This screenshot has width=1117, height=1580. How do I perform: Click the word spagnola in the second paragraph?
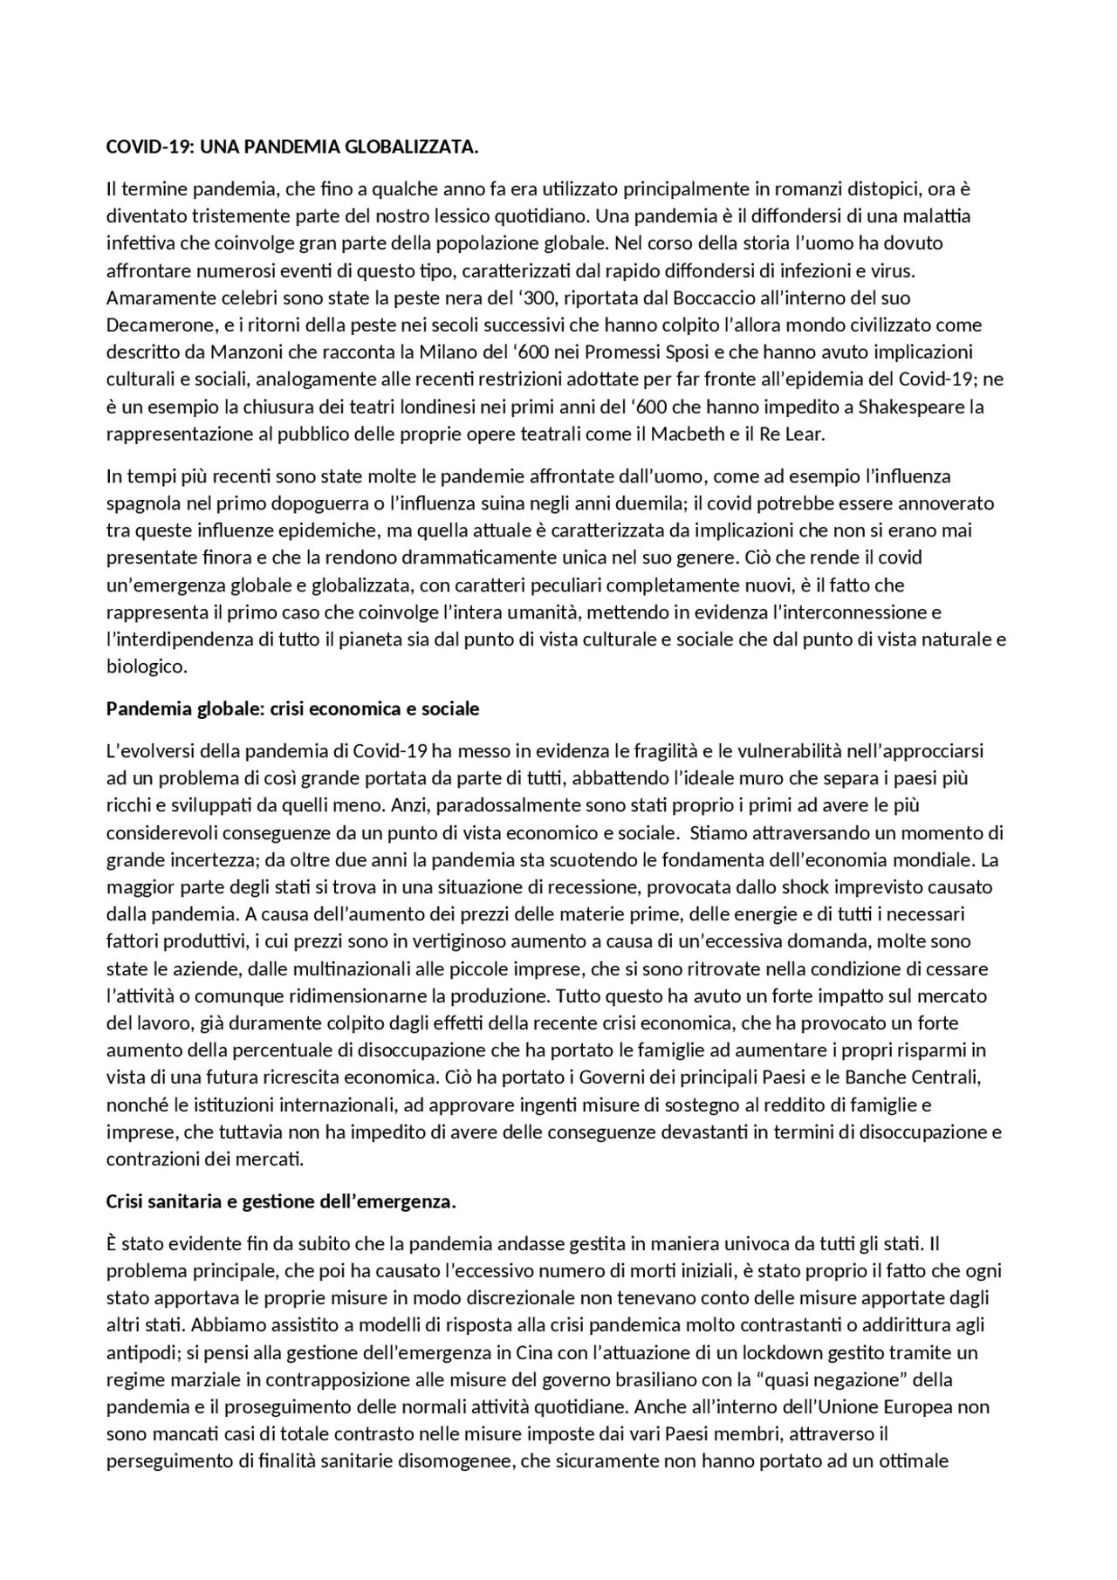point(140,503)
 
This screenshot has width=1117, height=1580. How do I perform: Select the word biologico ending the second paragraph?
point(145,667)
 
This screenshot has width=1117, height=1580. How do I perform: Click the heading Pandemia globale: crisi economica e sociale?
point(292,708)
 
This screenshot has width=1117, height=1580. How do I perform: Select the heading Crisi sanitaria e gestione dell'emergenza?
point(281,1202)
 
